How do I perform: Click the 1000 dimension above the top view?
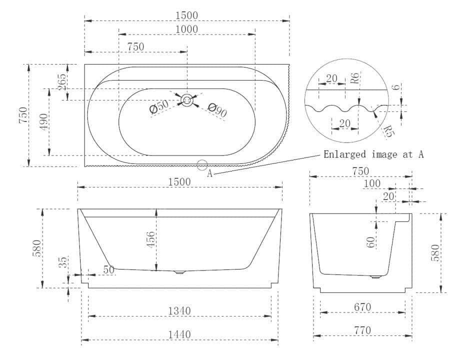[x=186, y=29]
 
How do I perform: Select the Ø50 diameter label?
[x=159, y=106]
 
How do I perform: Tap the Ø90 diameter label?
[x=217, y=109]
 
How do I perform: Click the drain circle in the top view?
[x=187, y=100]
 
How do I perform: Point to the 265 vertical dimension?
[x=62, y=82]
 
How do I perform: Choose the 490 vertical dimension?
[x=43, y=122]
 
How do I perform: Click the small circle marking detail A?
[x=202, y=165]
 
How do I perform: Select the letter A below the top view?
[x=210, y=173]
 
